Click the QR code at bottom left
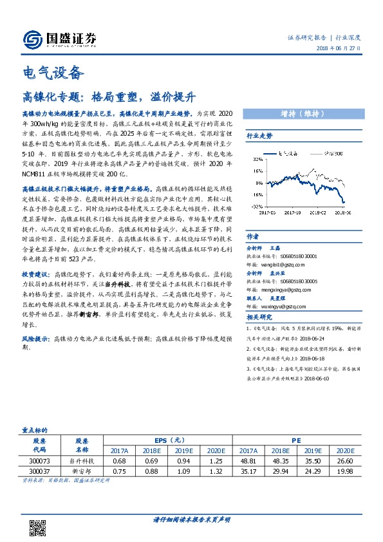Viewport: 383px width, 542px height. [40, 519]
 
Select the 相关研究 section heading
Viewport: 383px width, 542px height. [260, 317]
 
